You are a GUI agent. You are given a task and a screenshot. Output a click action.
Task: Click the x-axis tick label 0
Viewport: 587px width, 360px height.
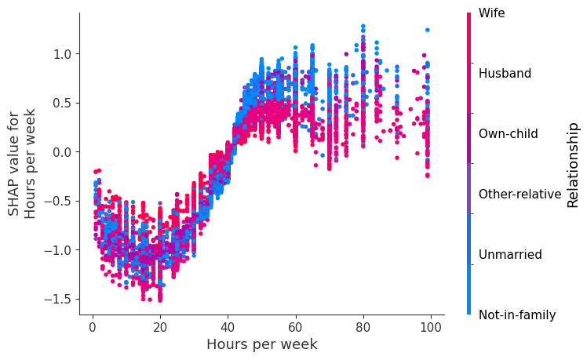tap(93, 325)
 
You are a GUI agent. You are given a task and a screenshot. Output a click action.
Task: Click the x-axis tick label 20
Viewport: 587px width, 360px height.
tap(160, 325)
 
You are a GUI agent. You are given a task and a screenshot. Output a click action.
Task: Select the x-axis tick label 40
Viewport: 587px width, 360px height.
tap(228, 325)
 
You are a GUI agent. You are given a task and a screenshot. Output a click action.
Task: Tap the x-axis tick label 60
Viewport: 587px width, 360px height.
tap(295, 325)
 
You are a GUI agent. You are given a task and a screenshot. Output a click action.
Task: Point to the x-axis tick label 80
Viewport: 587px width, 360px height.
tap(363, 325)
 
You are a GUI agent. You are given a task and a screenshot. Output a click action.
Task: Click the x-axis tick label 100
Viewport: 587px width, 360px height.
tap(430, 325)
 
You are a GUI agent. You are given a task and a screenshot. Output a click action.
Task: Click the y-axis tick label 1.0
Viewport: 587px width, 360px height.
tap(63, 54)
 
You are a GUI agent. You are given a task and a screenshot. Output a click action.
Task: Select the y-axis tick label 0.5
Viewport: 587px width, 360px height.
tap(63, 103)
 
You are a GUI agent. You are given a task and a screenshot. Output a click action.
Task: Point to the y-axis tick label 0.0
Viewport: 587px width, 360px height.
tap(63, 152)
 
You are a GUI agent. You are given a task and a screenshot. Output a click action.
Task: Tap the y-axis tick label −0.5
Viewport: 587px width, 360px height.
tap(59, 201)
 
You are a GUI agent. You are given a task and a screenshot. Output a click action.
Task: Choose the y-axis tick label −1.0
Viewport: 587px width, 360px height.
tap(59, 250)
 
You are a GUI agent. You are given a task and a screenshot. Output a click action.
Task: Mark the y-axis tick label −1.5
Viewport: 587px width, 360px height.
tap(59, 299)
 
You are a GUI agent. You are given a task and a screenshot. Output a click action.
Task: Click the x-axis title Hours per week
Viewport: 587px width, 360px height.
tap(261, 344)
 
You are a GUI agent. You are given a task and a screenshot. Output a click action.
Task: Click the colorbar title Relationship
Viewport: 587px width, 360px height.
tap(574, 165)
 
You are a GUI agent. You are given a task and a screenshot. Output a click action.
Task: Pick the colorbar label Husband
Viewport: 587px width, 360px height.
tap(505, 74)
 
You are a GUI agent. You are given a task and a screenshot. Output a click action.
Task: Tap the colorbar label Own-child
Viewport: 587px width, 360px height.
tap(508, 134)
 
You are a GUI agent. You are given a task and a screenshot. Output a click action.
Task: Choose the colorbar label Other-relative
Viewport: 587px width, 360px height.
tap(520, 195)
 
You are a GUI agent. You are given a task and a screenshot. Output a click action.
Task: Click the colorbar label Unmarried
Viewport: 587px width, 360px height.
tap(508, 255)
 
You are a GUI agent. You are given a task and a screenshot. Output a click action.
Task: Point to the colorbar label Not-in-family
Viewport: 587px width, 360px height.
tap(517, 315)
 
